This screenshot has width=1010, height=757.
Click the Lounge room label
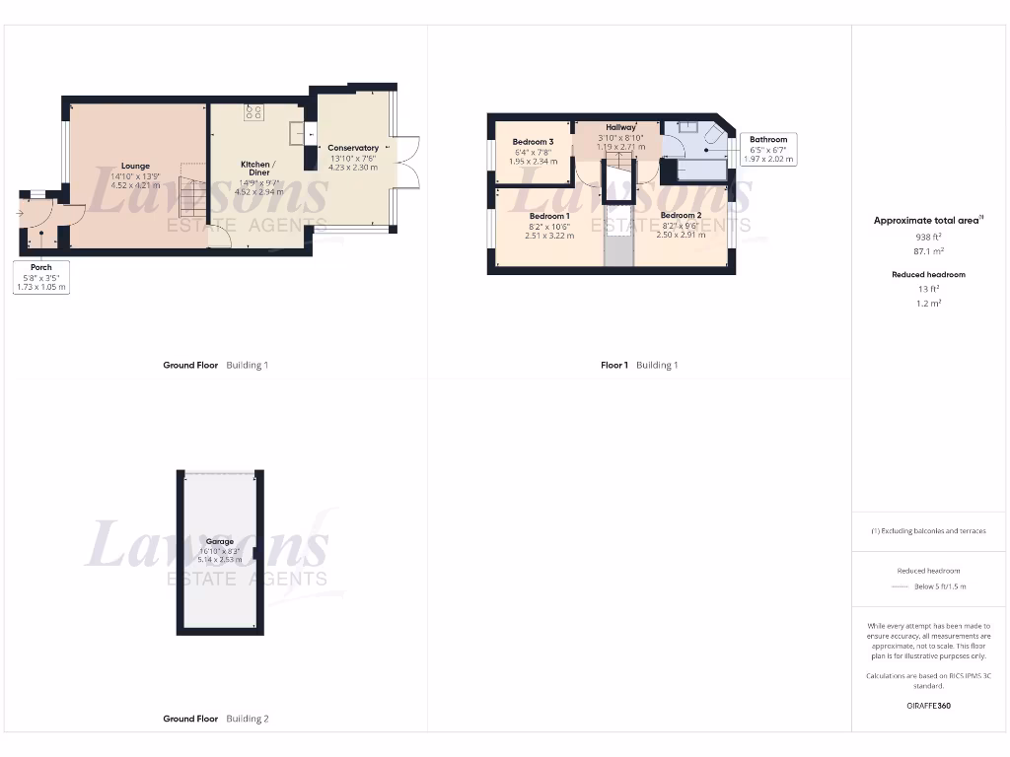point(135,166)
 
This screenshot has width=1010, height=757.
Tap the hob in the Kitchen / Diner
point(253,111)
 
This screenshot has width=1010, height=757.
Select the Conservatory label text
point(352,148)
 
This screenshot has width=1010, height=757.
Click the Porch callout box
point(41,278)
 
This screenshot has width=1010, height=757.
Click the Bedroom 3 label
point(533,142)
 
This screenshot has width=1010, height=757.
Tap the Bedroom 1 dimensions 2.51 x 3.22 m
point(548,236)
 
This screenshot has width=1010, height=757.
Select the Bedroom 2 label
point(681,216)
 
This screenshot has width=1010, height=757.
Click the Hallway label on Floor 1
point(620,127)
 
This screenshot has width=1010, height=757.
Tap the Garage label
point(220,541)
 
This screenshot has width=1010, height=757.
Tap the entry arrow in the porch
point(20,212)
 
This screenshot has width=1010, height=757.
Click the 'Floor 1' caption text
point(613,365)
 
